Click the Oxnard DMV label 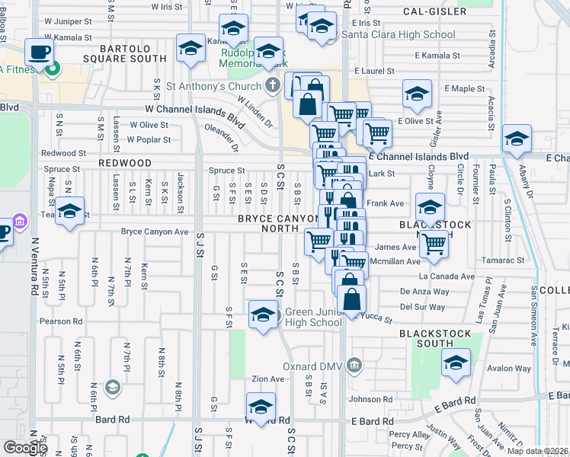[x=315, y=366]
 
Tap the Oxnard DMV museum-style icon [x=354, y=366]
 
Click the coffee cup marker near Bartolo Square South [x=38, y=54]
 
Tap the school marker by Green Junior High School [x=263, y=315]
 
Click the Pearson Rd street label [x=62, y=321]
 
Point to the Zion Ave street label [x=267, y=379]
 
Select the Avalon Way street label [x=509, y=368]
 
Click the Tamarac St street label [x=504, y=260]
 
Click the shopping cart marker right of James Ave [x=434, y=244]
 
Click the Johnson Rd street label [x=370, y=398]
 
